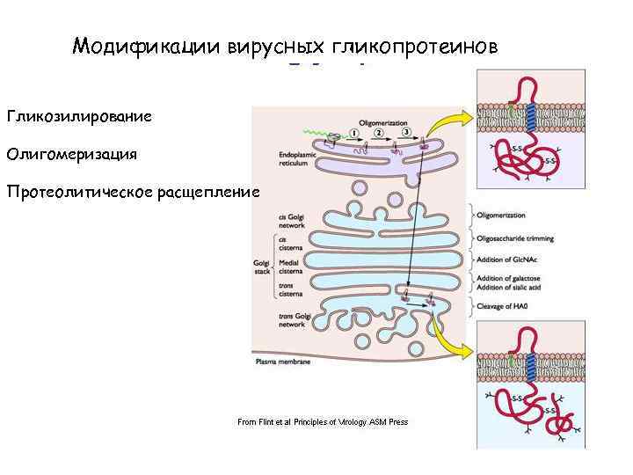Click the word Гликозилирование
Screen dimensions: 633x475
point(79,116)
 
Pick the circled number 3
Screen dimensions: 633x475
point(406,133)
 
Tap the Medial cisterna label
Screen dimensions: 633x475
point(291,267)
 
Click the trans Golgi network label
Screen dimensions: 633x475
point(293,320)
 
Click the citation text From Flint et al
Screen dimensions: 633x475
point(323,422)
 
